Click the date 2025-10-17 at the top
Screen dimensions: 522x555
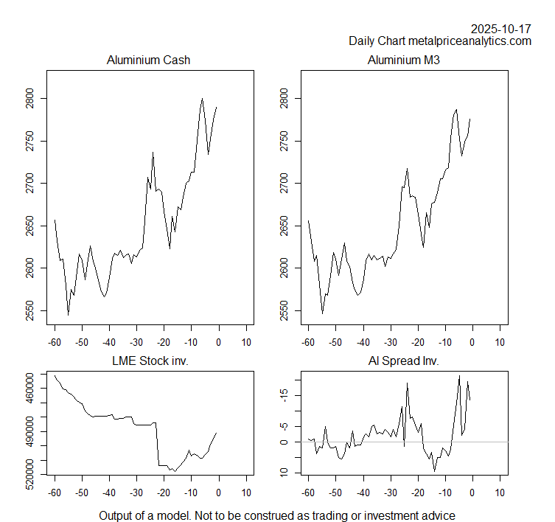(x=500, y=29)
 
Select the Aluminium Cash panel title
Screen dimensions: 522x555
(x=148, y=60)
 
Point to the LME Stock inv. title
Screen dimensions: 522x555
(x=148, y=361)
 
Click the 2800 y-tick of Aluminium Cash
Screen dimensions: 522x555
(x=29, y=98)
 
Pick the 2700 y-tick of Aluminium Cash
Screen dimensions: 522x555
(x=29, y=183)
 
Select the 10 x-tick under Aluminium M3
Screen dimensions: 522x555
(x=500, y=342)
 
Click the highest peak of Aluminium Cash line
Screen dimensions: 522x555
(x=202, y=98)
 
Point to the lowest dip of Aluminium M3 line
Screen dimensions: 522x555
(x=322, y=313)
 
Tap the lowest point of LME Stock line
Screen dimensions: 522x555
(x=175, y=470)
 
